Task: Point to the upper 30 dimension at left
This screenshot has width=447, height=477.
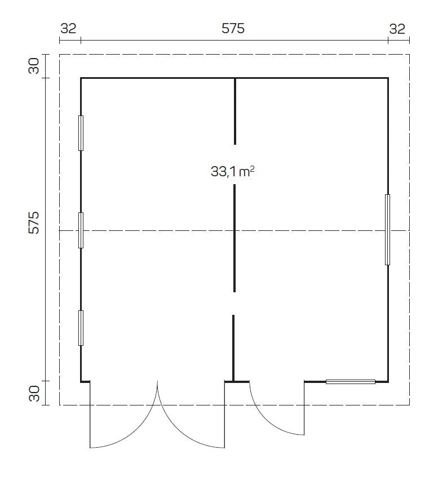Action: click(x=34, y=66)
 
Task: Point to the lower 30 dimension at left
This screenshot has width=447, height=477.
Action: click(x=34, y=394)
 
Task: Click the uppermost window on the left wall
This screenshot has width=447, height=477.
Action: click(x=81, y=133)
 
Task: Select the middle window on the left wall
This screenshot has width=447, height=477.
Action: click(x=81, y=230)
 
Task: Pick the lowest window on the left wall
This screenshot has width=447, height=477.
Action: click(x=81, y=328)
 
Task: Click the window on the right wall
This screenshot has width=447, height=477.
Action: click(x=387, y=229)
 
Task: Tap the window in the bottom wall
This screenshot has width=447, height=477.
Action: click(x=351, y=382)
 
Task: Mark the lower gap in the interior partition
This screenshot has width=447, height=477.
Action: click(x=234, y=304)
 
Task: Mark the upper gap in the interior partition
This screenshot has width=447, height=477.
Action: click(x=235, y=164)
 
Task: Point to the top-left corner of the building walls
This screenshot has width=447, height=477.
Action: click(x=81, y=78)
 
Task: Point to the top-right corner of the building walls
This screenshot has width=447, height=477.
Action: click(x=388, y=78)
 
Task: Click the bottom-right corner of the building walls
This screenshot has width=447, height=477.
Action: click(x=388, y=382)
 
